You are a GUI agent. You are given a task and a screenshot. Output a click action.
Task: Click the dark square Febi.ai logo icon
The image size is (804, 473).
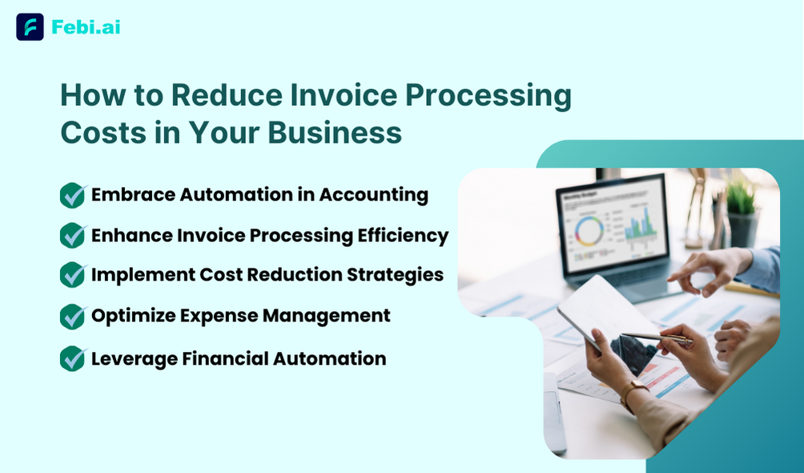pyautogui.click(x=30, y=26)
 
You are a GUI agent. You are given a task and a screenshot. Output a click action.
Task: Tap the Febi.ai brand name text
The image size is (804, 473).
pyautogui.click(x=86, y=26)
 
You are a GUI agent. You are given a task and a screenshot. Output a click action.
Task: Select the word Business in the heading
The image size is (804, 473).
pyautogui.click(x=334, y=132)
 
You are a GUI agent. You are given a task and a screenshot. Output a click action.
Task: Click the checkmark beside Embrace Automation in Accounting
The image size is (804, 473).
pyautogui.click(x=73, y=195)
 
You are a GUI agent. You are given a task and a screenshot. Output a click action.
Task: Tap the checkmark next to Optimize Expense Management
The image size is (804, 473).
pyautogui.click(x=73, y=317)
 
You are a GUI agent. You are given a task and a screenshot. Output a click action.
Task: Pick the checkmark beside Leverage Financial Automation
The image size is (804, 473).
pyautogui.click(x=73, y=358)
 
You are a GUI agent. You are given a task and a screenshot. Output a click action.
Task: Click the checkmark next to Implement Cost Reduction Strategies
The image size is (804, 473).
pyautogui.click(x=73, y=275)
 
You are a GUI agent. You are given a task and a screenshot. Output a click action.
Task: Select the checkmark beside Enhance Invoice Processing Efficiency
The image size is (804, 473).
pyautogui.click(x=73, y=235)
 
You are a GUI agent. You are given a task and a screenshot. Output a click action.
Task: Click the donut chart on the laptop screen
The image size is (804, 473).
pyautogui.click(x=589, y=231)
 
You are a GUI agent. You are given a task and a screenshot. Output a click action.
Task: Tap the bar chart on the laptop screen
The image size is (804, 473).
pyautogui.click(x=640, y=226)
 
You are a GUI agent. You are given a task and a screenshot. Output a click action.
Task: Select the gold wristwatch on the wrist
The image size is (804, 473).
pyautogui.click(x=632, y=395)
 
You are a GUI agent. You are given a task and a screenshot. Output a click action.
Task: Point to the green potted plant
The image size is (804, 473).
pyautogui.click(x=742, y=212)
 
